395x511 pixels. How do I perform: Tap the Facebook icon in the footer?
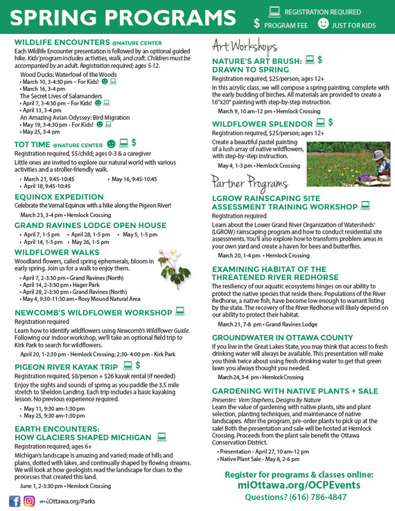pos(15,501)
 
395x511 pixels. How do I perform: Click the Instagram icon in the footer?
pos(29,501)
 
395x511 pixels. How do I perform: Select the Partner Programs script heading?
pos(250,184)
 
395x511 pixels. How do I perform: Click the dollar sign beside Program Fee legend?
pos(257,24)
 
